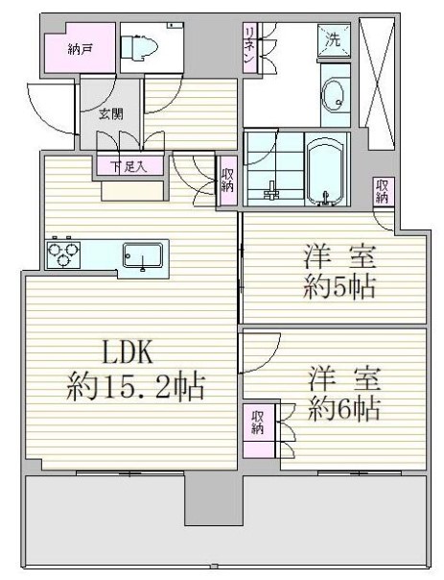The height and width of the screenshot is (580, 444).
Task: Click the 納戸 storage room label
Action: click(x=80, y=49)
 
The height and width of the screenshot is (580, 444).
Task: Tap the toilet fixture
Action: click(x=139, y=47)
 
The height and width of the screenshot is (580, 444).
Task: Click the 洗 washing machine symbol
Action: click(x=334, y=40)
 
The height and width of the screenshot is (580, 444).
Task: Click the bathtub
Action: click(x=327, y=169)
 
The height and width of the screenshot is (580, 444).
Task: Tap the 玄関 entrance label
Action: click(x=110, y=114)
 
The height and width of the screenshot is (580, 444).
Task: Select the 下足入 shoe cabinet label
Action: click(x=129, y=167)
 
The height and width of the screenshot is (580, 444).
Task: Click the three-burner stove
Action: click(x=63, y=254)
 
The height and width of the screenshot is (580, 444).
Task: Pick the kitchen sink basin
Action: click(x=143, y=255)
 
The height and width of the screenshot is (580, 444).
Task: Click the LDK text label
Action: click(x=127, y=353)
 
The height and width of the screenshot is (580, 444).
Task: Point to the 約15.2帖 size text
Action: click(x=135, y=387)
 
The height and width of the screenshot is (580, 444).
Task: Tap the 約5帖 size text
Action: click(x=339, y=286)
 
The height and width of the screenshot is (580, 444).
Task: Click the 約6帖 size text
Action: click(x=344, y=408)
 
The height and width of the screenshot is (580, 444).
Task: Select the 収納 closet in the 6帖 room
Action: click(x=259, y=431)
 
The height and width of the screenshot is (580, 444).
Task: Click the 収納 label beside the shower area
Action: click(x=227, y=181)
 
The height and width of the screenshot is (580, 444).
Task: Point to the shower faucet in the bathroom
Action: click(x=271, y=190)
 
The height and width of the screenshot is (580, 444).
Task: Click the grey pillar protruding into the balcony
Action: click(x=214, y=499)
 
